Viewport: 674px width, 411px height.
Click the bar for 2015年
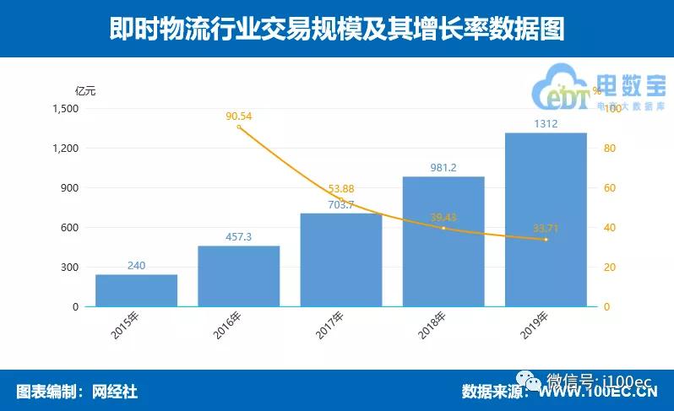click(x=136, y=290)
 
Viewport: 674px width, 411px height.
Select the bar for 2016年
click(x=238, y=276)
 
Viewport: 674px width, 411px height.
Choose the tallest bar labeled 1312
click(x=546, y=219)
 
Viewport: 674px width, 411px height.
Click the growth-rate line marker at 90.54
click(x=239, y=127)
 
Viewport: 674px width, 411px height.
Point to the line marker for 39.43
click(x=443, y=228)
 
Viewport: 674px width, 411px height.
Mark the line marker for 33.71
click(x=546, y=240)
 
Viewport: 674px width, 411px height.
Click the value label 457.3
click(x=238, y=237)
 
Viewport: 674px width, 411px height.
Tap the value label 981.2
click(x=443, y=168)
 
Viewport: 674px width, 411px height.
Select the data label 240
click(x=136, y=266)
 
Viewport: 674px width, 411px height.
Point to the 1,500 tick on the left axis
click(x=65, y=109)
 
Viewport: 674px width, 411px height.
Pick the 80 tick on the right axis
click(x=606, y=149)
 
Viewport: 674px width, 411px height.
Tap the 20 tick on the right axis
click(x=606, y=268)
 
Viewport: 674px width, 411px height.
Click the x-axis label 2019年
click(x=534, y=325)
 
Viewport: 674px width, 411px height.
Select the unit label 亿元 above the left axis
click(x=84, y=91)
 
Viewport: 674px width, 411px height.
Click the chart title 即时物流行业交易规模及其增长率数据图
click(x=337, y=30)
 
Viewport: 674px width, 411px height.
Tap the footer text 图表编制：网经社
click(x=77, y=392)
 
